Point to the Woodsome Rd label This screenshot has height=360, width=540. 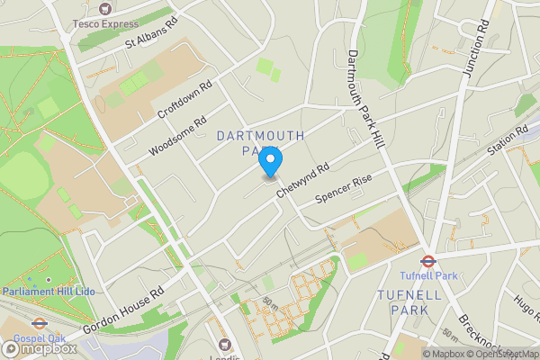[x=178, y=135]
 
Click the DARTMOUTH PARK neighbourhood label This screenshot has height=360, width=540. [x=260, y=143]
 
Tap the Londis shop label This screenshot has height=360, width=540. [x=226, y=355]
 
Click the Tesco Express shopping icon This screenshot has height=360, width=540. [x=106, y=8]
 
